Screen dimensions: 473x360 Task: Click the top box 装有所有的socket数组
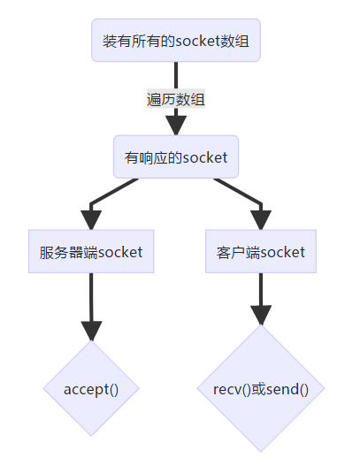176,41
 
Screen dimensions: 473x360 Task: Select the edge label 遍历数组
176,99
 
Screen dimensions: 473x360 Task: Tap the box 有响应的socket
176,157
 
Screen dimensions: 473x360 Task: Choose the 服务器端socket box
91,252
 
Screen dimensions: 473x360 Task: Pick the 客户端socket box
260,252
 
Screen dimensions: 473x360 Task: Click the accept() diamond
91,389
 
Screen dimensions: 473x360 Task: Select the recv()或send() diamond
260,389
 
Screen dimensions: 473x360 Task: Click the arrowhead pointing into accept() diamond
91,331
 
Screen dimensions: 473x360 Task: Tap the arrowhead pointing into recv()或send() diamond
260,315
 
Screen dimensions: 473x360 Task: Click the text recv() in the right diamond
232,389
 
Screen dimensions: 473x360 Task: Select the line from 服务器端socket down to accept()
91,296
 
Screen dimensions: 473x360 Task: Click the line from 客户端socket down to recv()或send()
260,287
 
